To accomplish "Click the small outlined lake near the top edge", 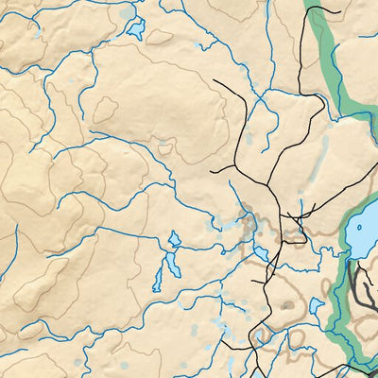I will pos(135,30).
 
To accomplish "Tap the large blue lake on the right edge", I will pos(363,236).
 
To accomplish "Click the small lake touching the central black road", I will pos(259,252).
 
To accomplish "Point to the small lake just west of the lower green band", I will pos(317,305).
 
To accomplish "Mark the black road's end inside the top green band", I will pos(337,11).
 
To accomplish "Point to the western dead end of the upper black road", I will pos(215,81).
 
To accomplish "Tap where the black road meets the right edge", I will pos(376,364).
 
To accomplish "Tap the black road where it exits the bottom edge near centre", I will pos(249,375).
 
